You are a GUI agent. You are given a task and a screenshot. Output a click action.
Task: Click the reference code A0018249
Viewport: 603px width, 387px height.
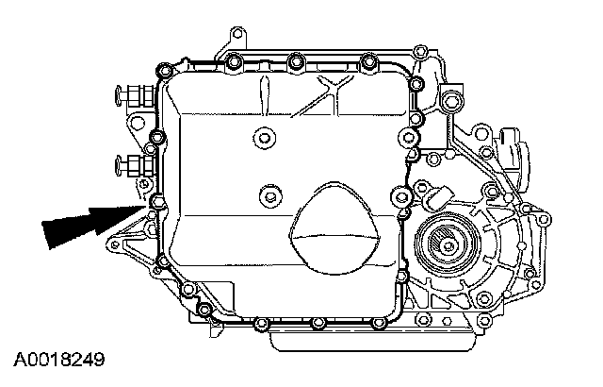57,360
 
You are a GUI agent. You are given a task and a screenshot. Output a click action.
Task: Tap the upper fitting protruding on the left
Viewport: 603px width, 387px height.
130,97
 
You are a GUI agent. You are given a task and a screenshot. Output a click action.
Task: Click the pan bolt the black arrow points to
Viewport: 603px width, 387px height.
157,201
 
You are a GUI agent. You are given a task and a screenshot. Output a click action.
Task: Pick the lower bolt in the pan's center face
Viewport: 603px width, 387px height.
269,197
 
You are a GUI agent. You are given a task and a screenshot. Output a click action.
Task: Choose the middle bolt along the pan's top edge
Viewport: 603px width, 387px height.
296,62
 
